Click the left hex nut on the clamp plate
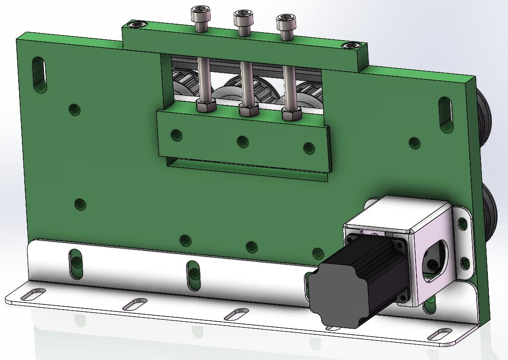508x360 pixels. pos(205,106)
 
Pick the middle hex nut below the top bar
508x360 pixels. pos(248,110)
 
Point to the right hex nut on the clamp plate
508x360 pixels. pos(291,113)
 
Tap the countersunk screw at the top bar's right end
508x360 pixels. pos(351,45)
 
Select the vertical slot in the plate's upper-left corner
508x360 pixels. pos(40,74)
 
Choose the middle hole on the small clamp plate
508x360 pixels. pos(242,141)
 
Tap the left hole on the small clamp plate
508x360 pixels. pos(176,135)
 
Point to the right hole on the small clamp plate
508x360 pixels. pos(309,148)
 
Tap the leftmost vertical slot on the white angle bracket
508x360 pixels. pos(76,264)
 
